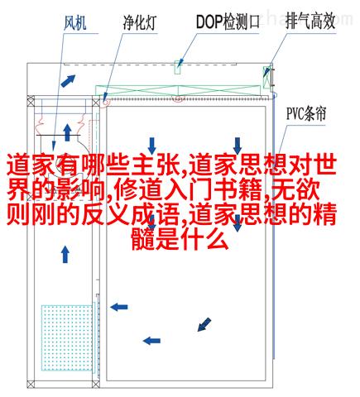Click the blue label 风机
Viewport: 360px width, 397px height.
pyautogui.click(x=75, y=23)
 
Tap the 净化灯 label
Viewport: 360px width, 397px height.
pyautogui.click(x=140, y=22)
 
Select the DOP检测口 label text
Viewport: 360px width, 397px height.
pyautogui.click(x=228, y=22)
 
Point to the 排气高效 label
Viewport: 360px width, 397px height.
pyautogui.click(x=310, y=21)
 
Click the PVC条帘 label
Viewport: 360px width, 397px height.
pyautogui.click(x=306, y=113)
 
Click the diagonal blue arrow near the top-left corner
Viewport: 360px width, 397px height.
pyautogui.click(x=68, y=81)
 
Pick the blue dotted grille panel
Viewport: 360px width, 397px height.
pyautogui.click(x=67, y=337)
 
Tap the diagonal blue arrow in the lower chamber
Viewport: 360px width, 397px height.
pyautogui.click(x=204, y=324)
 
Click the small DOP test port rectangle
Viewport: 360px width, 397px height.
pyautogui.click(x=178, y=67)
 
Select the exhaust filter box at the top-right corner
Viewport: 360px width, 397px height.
pyautogui.click(x=267, y=77)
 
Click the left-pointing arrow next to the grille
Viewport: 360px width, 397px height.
pyautogui.click(x=119, y=307)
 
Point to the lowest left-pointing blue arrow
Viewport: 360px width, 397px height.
pyautogui.click(x=151, y=341)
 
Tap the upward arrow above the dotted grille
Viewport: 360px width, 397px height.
pyautogui.click(x=65, y=254)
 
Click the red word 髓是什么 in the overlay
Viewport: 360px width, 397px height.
pyautogui.click(x=180, y=240)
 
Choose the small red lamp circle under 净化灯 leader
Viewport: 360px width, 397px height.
pyautogui.click(x=106, y=102)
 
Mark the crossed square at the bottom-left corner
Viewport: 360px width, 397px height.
pyautogui.click(x=31, y=384)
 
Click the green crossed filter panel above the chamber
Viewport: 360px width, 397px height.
pyautogui.click(x=178, y=90)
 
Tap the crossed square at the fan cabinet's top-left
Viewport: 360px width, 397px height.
pyautogui.click(x=31, y=100)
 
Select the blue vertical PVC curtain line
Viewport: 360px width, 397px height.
pyautogui.click(x=274, y=226)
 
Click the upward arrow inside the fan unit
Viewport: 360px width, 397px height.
pyautogui.click(x=67, y=132)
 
